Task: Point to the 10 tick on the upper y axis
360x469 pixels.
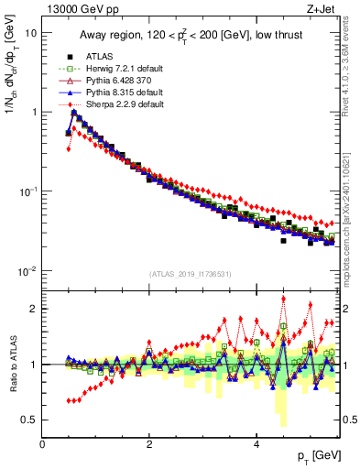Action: click(x=30, y=32)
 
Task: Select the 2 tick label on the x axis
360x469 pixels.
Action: click(x=149, y=442)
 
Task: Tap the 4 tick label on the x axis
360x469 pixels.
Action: click(x=256, y=442)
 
